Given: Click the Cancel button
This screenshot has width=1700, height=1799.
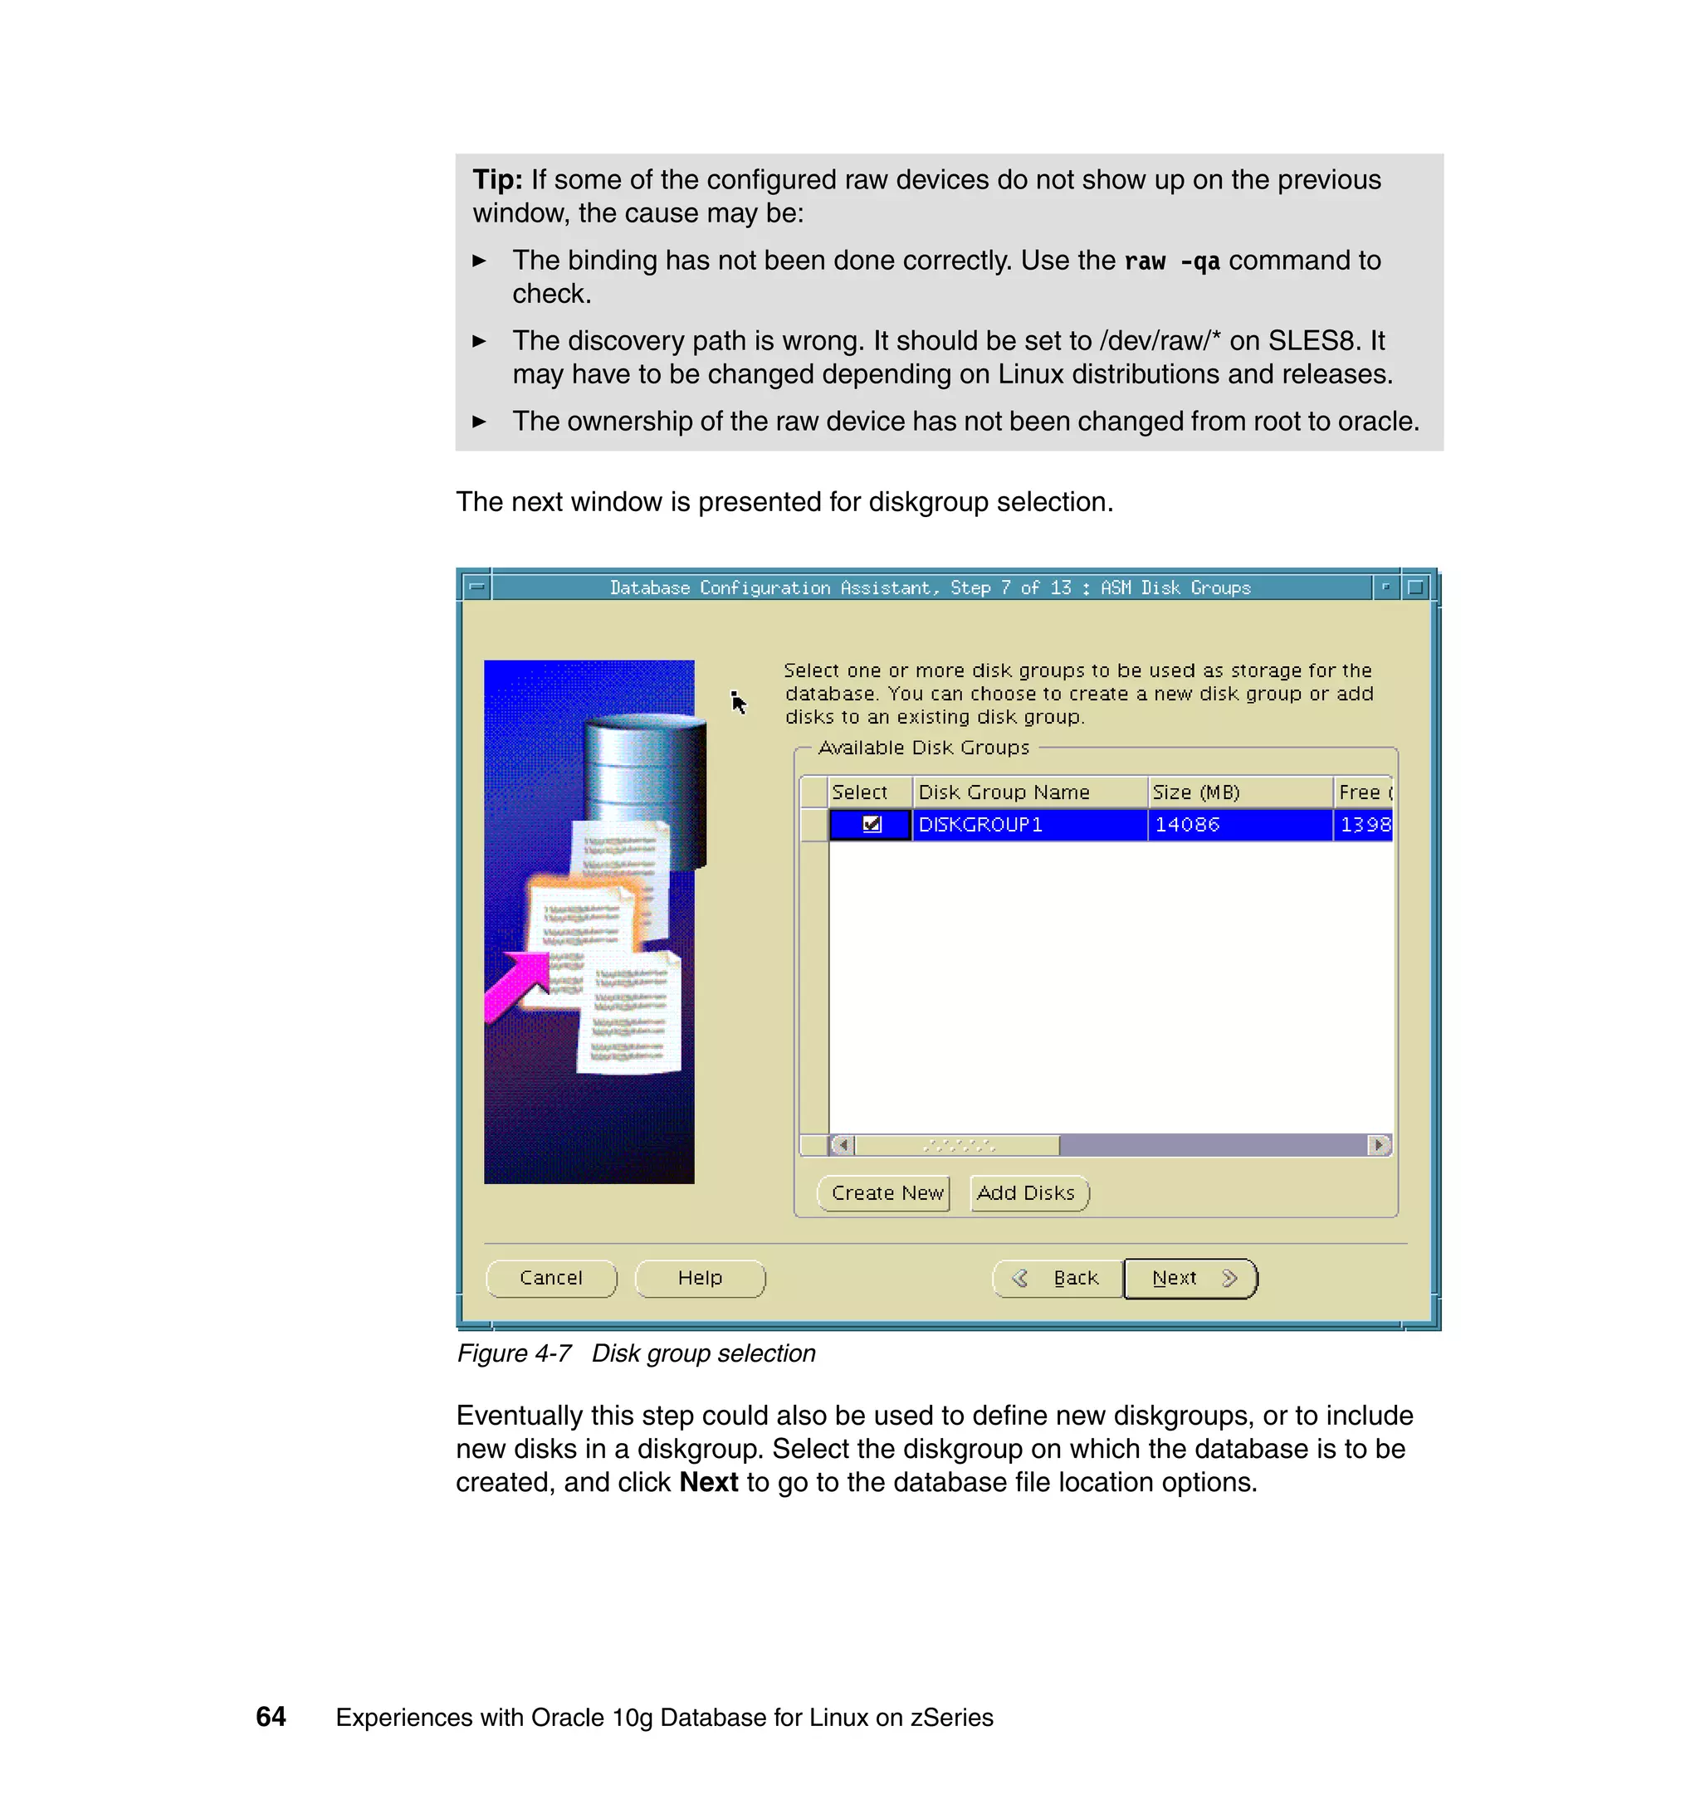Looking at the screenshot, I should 551,1278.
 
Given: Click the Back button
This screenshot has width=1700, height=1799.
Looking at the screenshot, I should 1058,1278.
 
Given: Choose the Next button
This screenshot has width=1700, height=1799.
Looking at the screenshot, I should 1190,1278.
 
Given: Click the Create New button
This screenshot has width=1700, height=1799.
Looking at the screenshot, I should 886,1193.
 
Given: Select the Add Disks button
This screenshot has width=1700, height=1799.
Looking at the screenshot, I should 1028,1193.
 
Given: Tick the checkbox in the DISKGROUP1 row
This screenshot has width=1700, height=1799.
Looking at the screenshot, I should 872,824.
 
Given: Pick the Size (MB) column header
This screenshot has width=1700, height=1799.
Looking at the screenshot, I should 1196,792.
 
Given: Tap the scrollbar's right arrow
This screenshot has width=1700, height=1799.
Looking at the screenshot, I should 1378,1145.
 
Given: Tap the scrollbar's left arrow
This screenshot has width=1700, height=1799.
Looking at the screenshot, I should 842,1145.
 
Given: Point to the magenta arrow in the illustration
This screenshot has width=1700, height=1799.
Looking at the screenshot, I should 516,987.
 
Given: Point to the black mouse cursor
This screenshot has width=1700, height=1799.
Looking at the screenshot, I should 739,703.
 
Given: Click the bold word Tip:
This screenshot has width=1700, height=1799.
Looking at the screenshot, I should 497,179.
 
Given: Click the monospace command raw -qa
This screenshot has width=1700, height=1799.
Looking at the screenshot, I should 1172,261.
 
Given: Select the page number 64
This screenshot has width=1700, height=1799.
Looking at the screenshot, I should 271,1717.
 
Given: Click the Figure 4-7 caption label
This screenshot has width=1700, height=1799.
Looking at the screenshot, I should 514,1353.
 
